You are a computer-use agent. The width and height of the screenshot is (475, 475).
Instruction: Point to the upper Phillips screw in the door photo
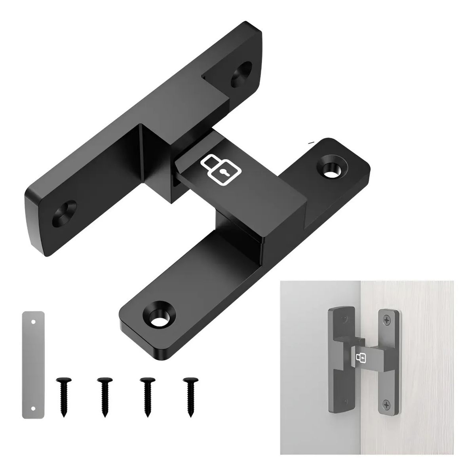pos(386,317)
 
